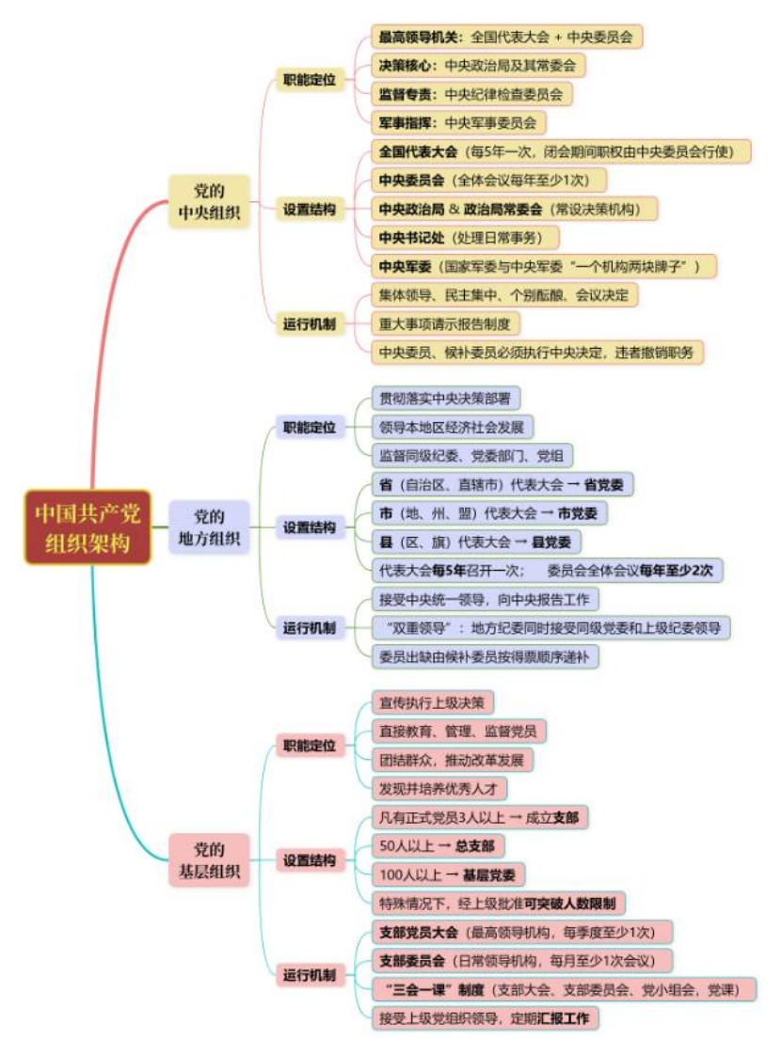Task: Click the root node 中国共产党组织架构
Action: [x=87, y=527]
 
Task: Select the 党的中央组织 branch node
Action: [x=209, y=200]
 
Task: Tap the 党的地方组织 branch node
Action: [x=209, y=527]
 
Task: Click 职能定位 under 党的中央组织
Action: [x=310, y=80]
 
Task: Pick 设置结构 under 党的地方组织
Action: [x=310, y=527]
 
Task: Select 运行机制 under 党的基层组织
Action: [x=310, y=975]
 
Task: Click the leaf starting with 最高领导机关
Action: [x=505, y=38]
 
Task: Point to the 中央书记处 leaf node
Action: [x=465, y=237]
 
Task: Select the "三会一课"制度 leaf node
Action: [x=564, y=989]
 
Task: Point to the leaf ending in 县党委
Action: [x=475, y=542]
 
